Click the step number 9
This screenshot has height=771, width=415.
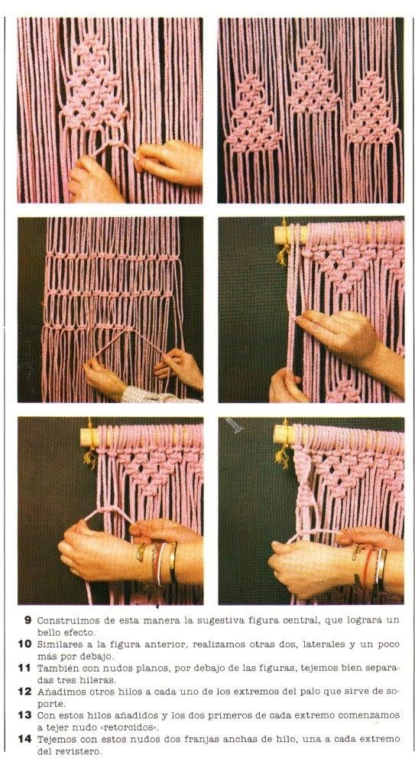(x=28, y=620)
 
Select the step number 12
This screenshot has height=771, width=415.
(x=25, y=691)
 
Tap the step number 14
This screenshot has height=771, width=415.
(x=25, y=739)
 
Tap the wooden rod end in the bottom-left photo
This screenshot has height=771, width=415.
(x=90, y=436)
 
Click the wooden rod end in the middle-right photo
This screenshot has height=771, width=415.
(x=284, y=235)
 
